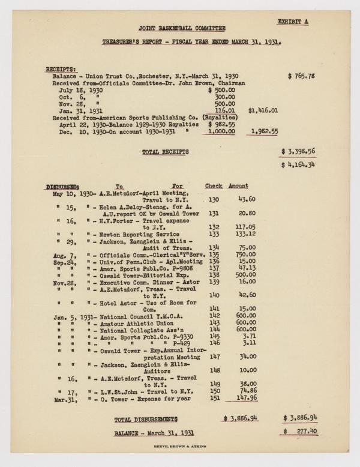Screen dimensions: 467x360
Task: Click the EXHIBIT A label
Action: (295, 22)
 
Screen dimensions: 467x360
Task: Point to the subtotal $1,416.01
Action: (263, 111)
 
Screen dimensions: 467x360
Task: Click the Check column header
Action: (214, 186)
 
